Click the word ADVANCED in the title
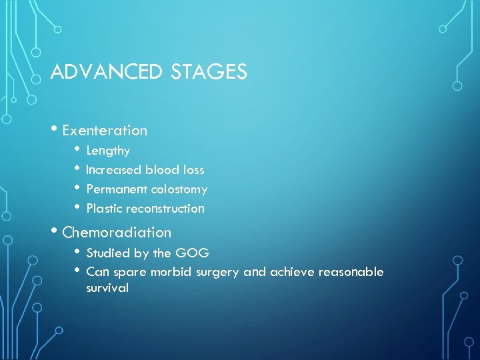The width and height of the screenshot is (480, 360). [x=107, y=72]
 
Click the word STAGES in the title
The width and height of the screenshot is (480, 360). [x=209, y=72]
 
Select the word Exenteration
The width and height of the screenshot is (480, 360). [x=105, y=131]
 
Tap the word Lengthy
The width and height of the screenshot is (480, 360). [x=108, y=151]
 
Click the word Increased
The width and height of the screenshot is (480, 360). [x=113, y=170]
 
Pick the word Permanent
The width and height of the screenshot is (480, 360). [x=117, y=189]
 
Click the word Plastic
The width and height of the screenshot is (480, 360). [x=104, y=209]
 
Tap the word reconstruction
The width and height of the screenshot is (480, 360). [x=165, y=209]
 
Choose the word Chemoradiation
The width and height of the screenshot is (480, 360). [x=117, y=233]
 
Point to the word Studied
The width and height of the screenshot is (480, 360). [x=107, y=253]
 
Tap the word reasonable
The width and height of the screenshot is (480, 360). [x=351, y=272]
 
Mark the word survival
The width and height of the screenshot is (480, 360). [x=107, y=289]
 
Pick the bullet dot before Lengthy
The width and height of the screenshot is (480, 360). [x=78, y=149]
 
